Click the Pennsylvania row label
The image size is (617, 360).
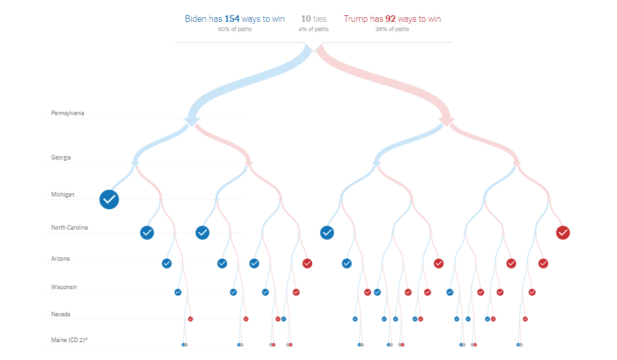67,113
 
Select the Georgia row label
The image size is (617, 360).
61,157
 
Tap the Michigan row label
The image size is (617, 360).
62,195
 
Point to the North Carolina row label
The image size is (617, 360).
69,228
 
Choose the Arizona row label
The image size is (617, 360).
60,259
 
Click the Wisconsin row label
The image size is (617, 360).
63,287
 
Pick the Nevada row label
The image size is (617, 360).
60,314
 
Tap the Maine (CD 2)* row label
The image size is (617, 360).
69,340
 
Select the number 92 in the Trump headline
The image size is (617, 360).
391,19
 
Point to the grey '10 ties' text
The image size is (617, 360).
313,19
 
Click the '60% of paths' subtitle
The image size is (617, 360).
235,29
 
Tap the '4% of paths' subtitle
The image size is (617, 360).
313,29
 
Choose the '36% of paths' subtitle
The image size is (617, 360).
392,29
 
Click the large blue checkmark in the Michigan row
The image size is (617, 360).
109,199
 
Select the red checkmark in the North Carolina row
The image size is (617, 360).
563,232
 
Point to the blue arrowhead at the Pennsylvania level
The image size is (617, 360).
192,120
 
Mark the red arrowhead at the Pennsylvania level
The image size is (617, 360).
444,120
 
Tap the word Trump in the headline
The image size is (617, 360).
355,19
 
